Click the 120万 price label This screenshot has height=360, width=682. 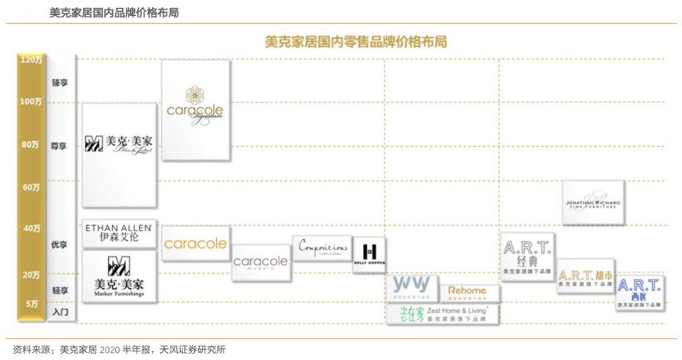[x=32, y=59]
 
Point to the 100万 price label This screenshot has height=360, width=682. [x=32, y=101]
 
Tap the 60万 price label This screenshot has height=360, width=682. [x=32, y=187]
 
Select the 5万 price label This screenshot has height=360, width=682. [x=32, y=303]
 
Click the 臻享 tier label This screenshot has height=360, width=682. [x=60, y=82]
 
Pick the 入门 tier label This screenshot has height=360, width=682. [x=60, y=312]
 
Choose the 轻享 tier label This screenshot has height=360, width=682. [x=60, y=290]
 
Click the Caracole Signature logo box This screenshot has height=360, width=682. [x=196, y=110]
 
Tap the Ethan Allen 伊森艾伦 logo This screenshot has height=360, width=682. [x=119, y=232]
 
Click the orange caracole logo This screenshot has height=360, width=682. [x=195, y=244]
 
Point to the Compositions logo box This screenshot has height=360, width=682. [x=322, y=248]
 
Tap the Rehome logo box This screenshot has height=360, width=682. [x=467, y=292]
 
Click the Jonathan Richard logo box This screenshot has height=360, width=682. [x=593, y=203]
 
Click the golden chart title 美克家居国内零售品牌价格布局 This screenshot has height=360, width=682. [x=356, y=42]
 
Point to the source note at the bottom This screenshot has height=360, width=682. [x=119, y=349]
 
